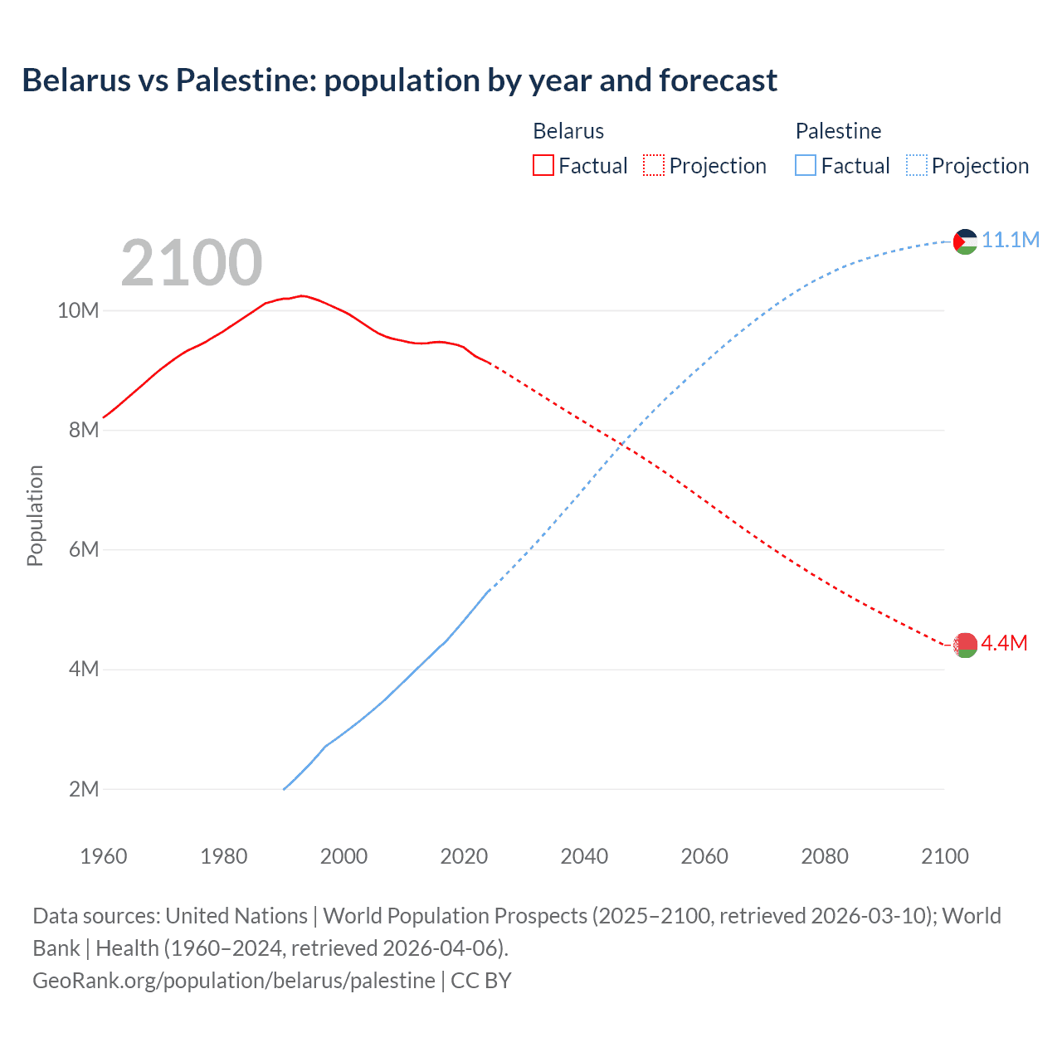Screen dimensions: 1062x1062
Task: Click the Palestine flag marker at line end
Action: point(965,241)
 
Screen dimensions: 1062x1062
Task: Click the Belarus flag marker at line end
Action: point(965,645)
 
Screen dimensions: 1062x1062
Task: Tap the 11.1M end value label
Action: point(1011,240)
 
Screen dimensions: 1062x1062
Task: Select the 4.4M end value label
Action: point(1004,643)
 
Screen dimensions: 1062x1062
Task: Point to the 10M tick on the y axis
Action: point(78,310)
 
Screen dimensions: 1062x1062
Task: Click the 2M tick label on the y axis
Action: point(84,789)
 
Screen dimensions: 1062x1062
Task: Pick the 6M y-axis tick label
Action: point(84,549)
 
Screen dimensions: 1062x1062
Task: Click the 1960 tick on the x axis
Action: point(104,856)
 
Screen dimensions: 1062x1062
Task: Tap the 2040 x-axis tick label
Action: point(584,856)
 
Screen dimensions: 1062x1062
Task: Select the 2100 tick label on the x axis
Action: point(945,856)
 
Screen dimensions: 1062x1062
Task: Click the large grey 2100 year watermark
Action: point(192,263)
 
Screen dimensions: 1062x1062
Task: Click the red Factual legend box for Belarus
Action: point(543,166)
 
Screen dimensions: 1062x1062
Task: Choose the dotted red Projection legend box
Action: point(654,166)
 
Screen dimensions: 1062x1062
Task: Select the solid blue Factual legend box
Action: point(806,166)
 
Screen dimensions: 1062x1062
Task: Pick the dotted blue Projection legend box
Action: point(916,166)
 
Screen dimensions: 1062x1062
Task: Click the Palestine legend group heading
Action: point(838,131)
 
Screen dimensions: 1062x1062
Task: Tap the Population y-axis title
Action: point(35,515)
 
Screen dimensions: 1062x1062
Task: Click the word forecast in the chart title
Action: point(719,80)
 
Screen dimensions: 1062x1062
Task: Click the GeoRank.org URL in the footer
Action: point(233,980)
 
